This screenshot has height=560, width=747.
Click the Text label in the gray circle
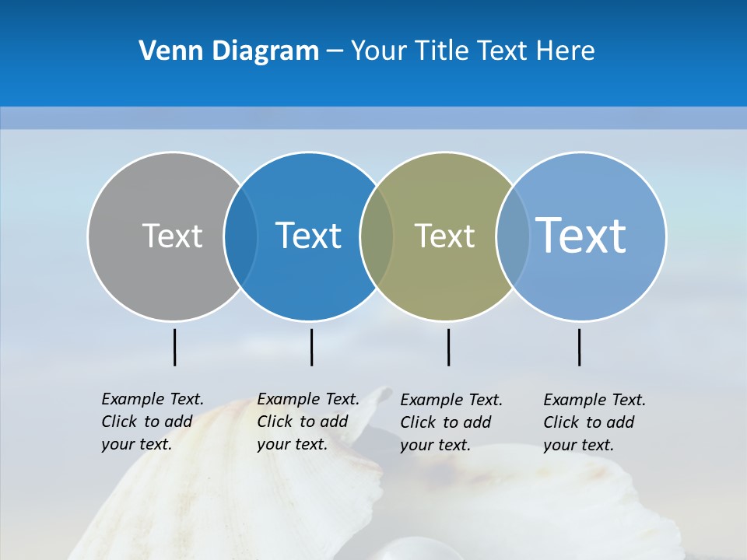point(172,236)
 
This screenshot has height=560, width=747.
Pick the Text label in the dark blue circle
point(309,236)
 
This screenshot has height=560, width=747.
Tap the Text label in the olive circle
point(444,236)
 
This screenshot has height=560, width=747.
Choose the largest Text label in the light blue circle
point(581,235)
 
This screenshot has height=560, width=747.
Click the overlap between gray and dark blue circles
point(240,236)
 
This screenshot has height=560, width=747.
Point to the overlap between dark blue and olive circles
point(377,236)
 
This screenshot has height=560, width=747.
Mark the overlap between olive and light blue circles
point(513,236)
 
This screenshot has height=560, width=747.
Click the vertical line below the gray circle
point(174,347)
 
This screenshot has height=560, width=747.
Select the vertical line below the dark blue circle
point(311,347)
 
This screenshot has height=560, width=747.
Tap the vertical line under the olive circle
point(448,347)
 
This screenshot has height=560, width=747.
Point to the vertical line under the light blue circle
point(579,347)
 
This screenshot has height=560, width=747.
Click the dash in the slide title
point(335,52)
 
